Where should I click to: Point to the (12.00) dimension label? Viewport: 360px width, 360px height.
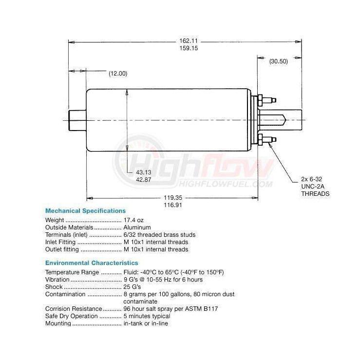point(117,74)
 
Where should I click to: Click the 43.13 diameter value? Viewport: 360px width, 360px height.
point(143,172)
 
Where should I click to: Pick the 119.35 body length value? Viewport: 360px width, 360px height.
point(172,198)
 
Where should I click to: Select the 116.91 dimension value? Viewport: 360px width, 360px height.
point(172,206)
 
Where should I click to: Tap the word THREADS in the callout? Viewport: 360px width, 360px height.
point(315,193)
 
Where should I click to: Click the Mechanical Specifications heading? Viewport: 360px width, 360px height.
point(85,211)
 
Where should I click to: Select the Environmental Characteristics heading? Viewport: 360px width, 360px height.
point(92,263)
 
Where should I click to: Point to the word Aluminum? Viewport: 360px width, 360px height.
point(137,227)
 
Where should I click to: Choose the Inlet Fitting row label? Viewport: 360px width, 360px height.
point(60,242)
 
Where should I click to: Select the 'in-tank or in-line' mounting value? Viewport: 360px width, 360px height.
point(146,323)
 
